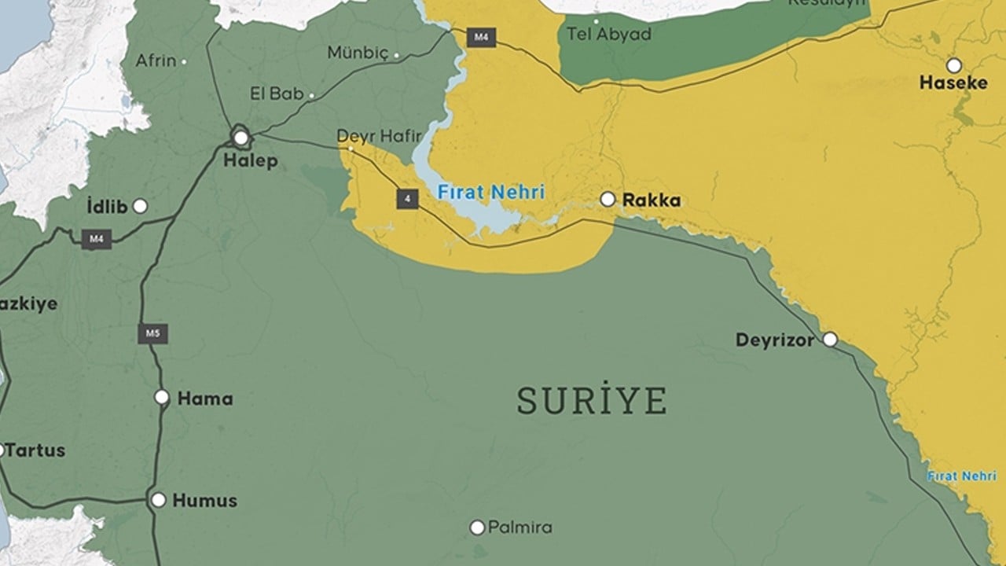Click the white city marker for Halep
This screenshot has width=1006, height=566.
(241, 138)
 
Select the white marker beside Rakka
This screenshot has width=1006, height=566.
(608, 200)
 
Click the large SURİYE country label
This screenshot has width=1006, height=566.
(592, 401)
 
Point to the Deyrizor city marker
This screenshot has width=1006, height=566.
(830, 340)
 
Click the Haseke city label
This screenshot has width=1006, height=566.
(953, 83)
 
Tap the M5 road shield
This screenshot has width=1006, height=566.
(153, 333)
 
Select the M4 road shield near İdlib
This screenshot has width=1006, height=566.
(97, 239)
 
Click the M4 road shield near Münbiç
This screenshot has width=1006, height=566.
(480, 37)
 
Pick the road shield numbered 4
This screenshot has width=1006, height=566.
(407, 199)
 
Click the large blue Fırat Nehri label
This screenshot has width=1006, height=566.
(491, 192)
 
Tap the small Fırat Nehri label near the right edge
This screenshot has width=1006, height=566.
(961, 476)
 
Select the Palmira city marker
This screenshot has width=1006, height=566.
(477, 527)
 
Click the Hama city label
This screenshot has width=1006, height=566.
(205, 399)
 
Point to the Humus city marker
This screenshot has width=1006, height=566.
(159, 500)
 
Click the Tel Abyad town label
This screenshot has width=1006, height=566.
(608, 35)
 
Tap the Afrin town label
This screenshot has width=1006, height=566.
(156, 61)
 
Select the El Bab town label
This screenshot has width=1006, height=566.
(277, 94)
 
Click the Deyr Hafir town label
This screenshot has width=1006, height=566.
(379, 136)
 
